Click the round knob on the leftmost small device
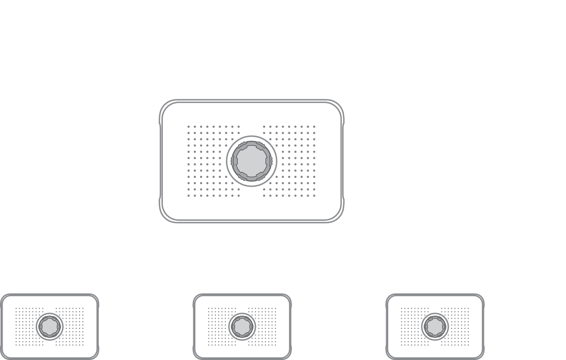click(x=50, y=325)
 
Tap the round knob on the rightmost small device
click(x=435, y=325)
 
